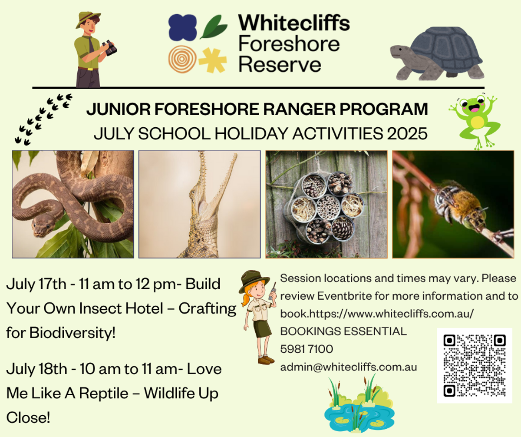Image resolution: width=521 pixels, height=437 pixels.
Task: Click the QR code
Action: point(475,366)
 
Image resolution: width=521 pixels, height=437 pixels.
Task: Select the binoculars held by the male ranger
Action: point(109,47)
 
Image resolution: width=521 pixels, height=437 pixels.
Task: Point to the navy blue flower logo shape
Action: point(182,27)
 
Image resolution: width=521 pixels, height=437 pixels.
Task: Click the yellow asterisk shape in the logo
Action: point(213,60)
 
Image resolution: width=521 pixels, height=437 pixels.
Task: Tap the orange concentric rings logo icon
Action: point(182,59)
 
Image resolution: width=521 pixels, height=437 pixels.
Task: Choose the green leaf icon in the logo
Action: point(214,27)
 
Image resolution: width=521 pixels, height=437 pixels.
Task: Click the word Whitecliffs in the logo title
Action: point(294,23)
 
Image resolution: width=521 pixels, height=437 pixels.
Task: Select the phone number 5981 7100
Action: point(307,349)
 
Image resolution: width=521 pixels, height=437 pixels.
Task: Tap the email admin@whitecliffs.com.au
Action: point(349,367)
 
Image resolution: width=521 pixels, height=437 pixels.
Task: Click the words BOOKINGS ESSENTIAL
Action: point(343,331)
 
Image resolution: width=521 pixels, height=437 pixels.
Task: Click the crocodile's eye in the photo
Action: point(192,192)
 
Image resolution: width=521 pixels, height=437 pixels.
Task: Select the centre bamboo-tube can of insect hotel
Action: point(328,207)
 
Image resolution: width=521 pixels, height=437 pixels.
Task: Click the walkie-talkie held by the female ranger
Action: point(272,291)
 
